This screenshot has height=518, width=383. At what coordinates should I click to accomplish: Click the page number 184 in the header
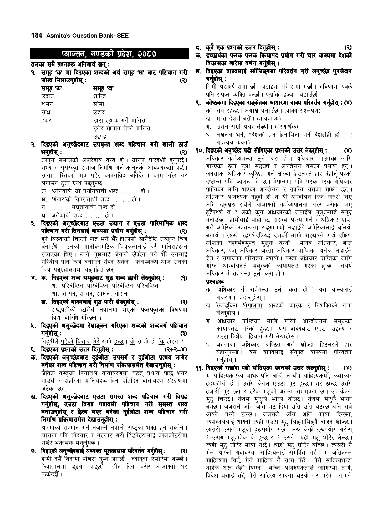click(37, 36)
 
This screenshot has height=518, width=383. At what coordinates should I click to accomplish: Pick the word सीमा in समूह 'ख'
click(99, 104)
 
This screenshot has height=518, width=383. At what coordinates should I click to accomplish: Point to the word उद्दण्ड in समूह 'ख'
click(100, 137)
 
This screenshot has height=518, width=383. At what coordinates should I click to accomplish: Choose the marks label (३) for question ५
click(183, 334)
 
